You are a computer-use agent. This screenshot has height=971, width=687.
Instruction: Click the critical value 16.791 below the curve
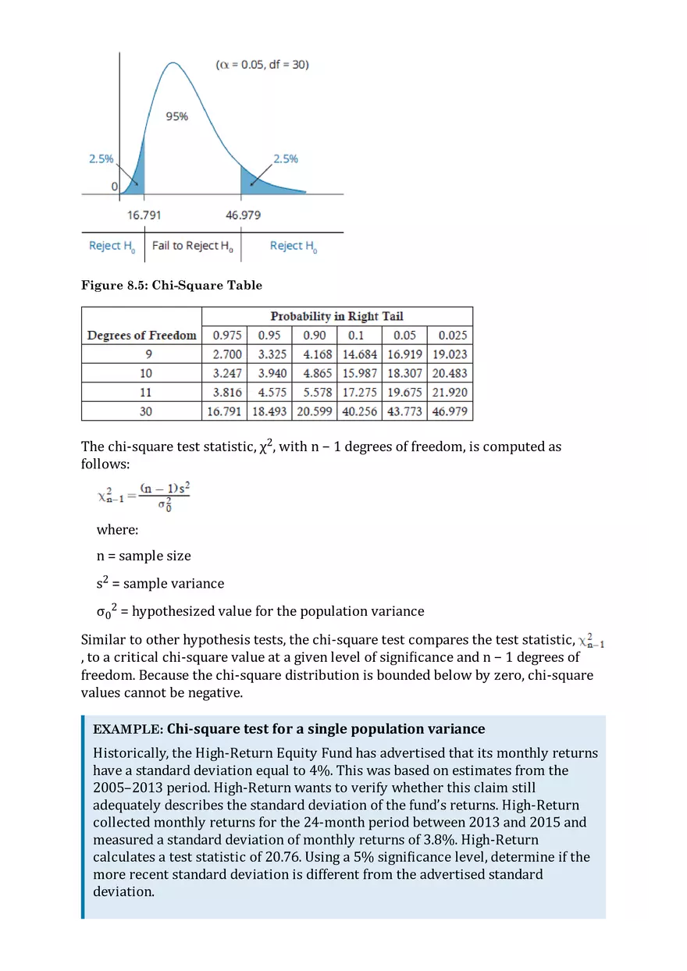(144, 215)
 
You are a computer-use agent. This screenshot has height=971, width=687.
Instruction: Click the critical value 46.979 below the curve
(244, 215)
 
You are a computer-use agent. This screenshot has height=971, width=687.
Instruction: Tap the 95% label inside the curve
(177, 116)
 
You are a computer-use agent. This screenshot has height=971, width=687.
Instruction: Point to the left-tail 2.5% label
(101, 158)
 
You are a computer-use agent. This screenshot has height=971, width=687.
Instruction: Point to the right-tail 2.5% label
(285, 158)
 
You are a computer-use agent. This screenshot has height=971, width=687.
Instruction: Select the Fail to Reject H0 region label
(192, 246)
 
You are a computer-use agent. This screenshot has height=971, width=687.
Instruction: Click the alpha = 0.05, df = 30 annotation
(262, 65)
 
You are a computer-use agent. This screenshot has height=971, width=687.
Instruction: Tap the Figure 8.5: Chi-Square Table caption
(172, 286)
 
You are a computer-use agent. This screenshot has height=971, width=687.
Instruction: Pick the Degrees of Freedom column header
(141, 335)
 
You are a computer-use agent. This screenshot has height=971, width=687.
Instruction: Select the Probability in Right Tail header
(336, 316)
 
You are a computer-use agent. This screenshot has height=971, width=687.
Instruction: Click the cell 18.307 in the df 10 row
(404, 373)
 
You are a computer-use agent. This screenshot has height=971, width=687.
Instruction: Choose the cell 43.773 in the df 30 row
(404, 411)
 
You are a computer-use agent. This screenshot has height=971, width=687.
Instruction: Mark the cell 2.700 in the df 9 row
(226, 354)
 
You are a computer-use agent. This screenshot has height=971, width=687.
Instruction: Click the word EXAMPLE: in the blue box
(127, 730)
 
